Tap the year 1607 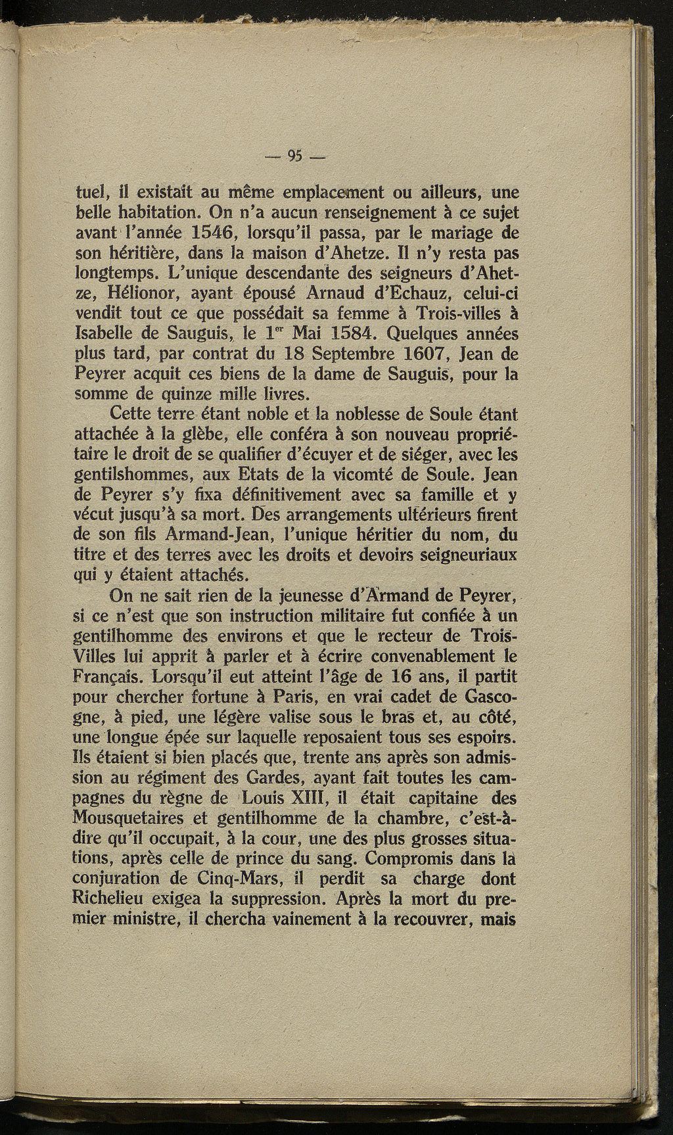click(422, 356)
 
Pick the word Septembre click(352, 356)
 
